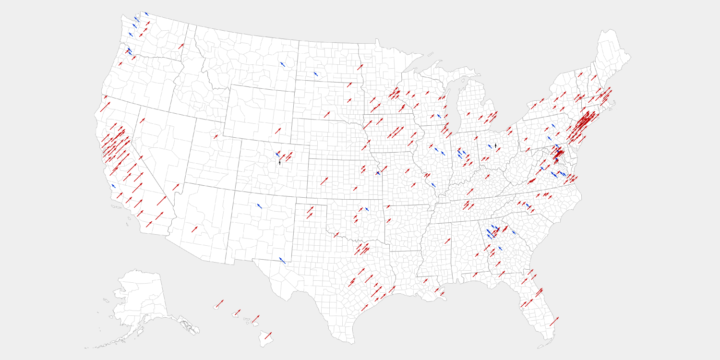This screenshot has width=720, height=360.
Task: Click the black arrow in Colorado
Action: tap(279, 163)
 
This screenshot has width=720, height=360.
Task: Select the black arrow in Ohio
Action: tap(495, 145)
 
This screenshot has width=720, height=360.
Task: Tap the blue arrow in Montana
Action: tap(283, 64)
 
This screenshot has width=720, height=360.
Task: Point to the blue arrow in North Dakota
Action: tap(315, 73)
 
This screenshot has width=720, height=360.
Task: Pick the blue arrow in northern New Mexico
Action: tap(259, 205)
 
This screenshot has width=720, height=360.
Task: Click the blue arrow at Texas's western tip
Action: tap(282, 260)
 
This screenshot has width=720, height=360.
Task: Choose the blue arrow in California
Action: tap(113, 186)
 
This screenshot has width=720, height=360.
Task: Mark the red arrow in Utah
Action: tap(216, 136)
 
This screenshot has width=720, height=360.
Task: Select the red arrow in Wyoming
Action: tap(278, 131)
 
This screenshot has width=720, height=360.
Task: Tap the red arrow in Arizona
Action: tap(194, 229)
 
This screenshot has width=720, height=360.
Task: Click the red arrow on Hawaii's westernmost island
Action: tap(219, 303)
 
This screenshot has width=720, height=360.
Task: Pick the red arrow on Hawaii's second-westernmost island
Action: tap(237, 312)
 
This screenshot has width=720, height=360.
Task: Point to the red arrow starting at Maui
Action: tap(255, 319)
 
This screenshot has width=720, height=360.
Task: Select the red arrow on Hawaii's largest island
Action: tap(268, 336)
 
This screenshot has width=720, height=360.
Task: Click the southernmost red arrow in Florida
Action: tap(554, 321)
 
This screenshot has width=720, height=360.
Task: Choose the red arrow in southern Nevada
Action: tap(176, 187)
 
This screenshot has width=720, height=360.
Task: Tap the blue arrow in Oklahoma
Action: tap(366, 209)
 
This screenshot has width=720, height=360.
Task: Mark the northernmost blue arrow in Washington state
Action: tap(146, 13)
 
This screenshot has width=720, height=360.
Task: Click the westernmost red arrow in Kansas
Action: tap(324, 181)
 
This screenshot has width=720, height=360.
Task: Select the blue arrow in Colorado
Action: tap(277, 154)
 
